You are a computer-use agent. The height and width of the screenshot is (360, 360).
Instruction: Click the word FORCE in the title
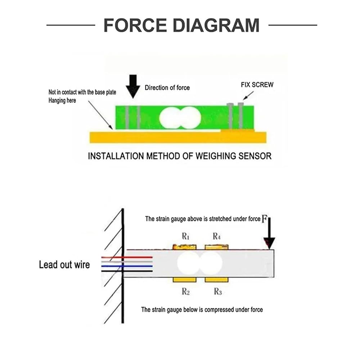coord(135,25)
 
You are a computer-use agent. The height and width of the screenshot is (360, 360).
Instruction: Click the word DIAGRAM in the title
coord(216,25)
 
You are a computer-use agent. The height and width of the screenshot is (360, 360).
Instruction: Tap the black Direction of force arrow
coord(133,86)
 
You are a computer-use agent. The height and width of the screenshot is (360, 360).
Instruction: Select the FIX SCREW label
coord(257,85)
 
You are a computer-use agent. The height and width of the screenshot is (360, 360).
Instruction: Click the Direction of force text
coord(167,87)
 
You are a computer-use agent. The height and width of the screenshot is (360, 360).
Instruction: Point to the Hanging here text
coord(62,100)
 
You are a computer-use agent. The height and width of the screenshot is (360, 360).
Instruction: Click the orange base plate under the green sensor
coord(178,137)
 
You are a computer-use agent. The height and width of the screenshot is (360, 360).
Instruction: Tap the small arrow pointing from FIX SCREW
coord(248,95)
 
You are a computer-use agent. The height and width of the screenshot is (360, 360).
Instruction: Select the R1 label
coord(185,236)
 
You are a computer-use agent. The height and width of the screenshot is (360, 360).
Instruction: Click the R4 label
coord(216,236)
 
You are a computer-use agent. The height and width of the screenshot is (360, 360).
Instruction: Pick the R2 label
coord(185,291)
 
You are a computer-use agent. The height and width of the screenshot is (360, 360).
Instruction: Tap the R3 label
coord(218,291)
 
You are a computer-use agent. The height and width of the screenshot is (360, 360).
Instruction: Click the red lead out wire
coord(127,257)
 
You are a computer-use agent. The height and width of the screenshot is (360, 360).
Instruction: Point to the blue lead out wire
coord(127,266)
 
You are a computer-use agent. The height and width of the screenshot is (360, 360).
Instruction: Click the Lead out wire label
coord(64,265)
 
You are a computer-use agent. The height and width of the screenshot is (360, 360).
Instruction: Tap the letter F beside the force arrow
coord(264,219)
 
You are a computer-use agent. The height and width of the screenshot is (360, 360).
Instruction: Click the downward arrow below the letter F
coord(269,233)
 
